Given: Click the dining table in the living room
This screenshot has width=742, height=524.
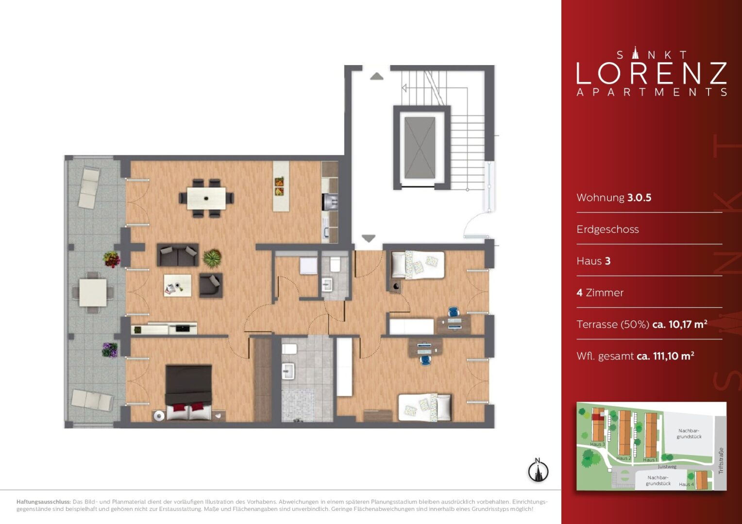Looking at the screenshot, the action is point(206,198).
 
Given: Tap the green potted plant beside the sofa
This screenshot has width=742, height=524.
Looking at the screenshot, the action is point(212,258).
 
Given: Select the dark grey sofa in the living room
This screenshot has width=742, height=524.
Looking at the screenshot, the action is point(178,255).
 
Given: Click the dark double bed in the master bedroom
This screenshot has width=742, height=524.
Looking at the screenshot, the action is point(188,392).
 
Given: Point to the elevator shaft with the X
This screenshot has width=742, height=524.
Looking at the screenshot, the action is point(420,147).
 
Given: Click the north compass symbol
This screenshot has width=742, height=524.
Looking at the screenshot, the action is point(538,470).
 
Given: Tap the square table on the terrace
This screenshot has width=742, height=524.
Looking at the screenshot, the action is point(93,293).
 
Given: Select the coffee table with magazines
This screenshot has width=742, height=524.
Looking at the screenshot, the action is point(178,285).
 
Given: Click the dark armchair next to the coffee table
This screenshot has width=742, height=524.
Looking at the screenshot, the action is point(211,285).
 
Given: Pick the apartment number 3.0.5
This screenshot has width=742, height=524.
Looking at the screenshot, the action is point(640,197).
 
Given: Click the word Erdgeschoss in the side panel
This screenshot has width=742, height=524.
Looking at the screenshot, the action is point(607,229).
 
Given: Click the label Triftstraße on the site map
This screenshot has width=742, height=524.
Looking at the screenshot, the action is point(721,461).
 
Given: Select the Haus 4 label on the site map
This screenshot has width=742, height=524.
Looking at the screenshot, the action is point(686,484).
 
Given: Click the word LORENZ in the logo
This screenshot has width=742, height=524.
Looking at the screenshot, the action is point(652,73).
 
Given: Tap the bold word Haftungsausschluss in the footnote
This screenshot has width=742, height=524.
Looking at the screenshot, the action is point(43,502).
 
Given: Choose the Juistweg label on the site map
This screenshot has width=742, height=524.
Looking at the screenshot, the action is point(667,466).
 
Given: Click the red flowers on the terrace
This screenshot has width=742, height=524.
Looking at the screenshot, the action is point(111,259).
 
